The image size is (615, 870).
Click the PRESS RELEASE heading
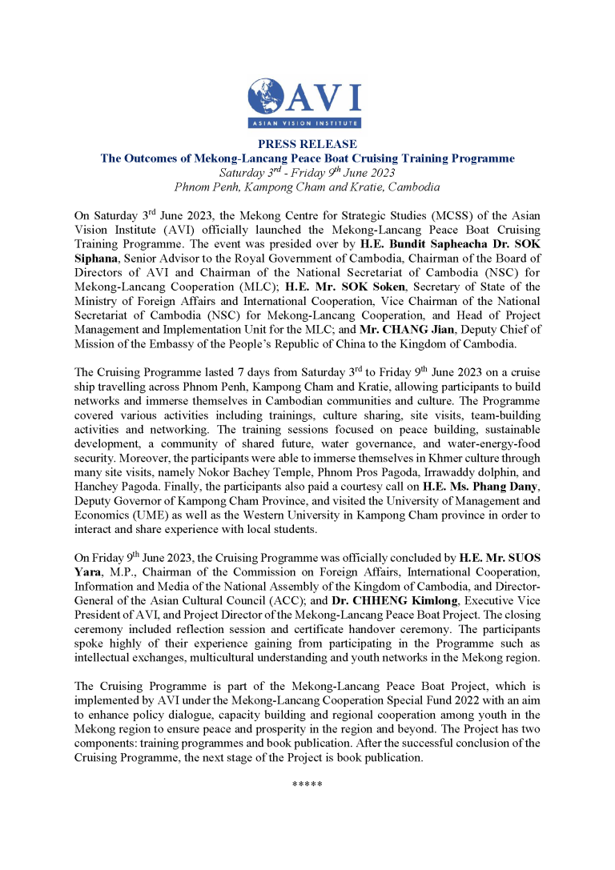pyautogui.click(x=307, y=145)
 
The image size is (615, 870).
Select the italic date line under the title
pyautogui.click(x=307, y=172)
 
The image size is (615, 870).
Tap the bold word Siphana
pyautogui.click(x=96, y=257)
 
